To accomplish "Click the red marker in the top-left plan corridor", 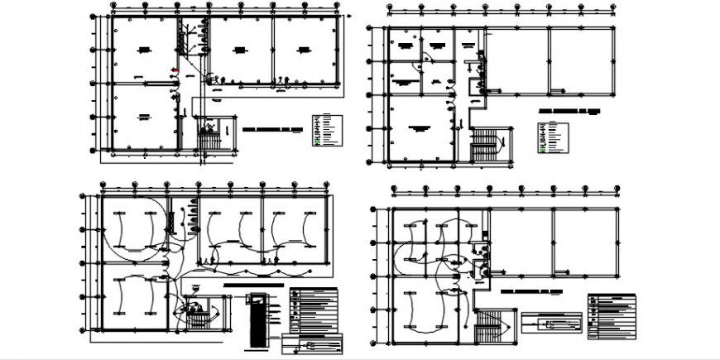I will pos(175,70).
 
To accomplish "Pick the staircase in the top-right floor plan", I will pos(483,147).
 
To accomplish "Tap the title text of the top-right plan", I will pos(566,109).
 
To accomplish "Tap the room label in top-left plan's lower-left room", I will pos(144,116).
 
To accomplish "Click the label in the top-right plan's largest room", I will pos(420,127).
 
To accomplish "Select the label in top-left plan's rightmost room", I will pos(303,50).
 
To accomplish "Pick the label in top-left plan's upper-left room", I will pos(144,50).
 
